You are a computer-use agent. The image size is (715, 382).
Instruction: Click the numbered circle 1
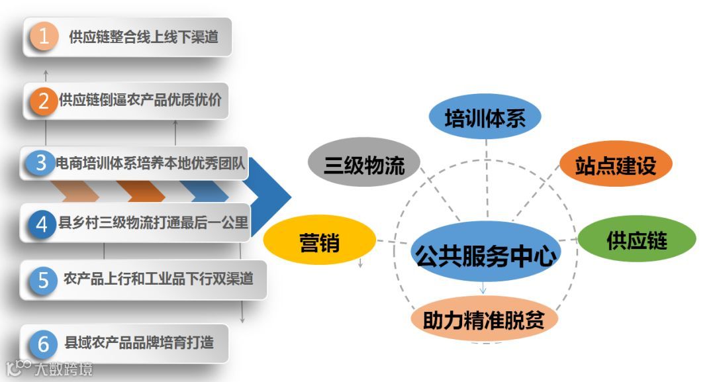click(x=44, y=37)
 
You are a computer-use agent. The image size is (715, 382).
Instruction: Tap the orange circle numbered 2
click(x=44, y=101)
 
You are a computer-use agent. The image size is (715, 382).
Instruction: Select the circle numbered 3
click(x=40, y=163)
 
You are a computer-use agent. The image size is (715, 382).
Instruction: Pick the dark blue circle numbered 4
click(x=42, y=224)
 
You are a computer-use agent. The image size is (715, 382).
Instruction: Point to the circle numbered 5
click(x=43, y=280)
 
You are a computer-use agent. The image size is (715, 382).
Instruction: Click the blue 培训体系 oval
click(x=485, y=119)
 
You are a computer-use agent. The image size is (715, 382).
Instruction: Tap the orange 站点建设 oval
click(x=616, y=164)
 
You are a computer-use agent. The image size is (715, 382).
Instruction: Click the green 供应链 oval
click(x=637, y=240)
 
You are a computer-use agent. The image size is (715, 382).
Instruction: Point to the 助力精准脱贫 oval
click(x=484, y=320)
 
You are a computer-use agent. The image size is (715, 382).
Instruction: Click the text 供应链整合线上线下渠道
click(x=144, y=37)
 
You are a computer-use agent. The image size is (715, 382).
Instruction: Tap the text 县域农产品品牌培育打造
click(x=139, y=344)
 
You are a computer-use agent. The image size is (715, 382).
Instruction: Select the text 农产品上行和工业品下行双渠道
click(x=158, y=279)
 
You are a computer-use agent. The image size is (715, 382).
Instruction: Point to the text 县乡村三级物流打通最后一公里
click(x=152, y=224)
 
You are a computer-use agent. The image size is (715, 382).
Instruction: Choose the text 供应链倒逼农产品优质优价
click(x=140, y=100)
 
